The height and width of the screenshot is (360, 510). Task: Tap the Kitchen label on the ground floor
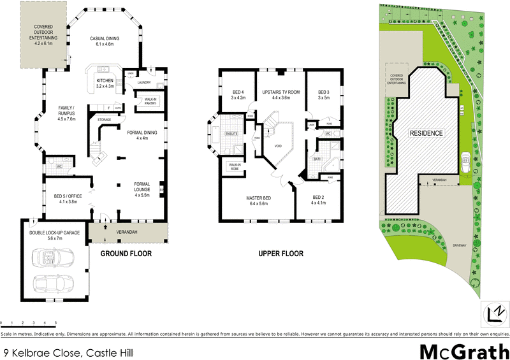tap(105, 82)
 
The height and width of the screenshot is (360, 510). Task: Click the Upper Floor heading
tap(280, 254)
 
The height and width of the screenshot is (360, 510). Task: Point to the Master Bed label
tap(259, 201)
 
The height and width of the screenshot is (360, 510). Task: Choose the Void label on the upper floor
tap(278, 145)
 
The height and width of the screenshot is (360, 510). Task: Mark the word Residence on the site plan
tap(426, 133)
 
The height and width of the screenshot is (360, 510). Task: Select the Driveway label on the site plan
tap(459, 244)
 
